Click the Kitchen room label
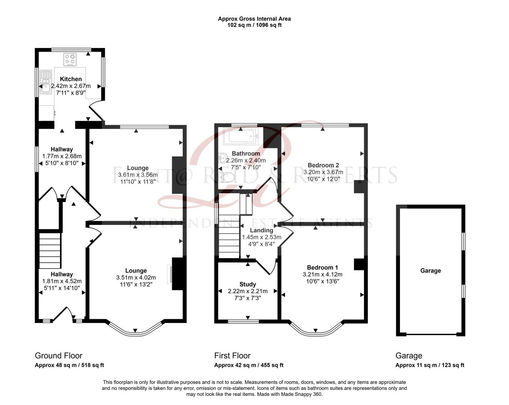click(x=71, y=79)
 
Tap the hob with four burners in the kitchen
click(x=70, y=60)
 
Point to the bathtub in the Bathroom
click(x=240, y=136)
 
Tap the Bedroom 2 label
click(x=323, y=165)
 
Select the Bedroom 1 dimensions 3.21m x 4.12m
click(x=322, y=274)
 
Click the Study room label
click(x=248, y=284)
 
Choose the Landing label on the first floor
click(x=261, y=230)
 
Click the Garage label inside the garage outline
click(x=430, y=271)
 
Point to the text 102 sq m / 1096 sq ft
click(x=254, y=25)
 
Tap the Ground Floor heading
click(x=58, y=355)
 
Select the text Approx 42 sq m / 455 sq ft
click(x=249, y=365)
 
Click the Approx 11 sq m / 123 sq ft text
click(x=430, y=365)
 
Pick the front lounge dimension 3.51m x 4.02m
click(x=136, y=277)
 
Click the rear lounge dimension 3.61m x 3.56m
click(x=137, y=175)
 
